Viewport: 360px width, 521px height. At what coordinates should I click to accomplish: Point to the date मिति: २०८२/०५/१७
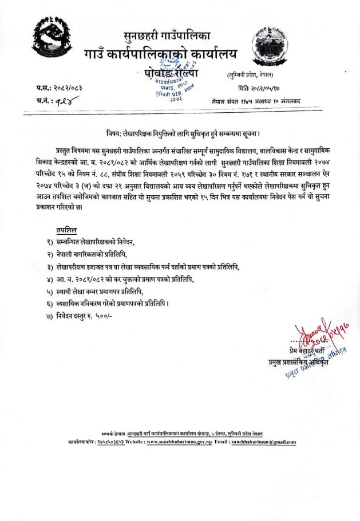[267, 89]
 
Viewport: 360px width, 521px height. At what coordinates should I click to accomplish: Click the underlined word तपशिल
[67, 230]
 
